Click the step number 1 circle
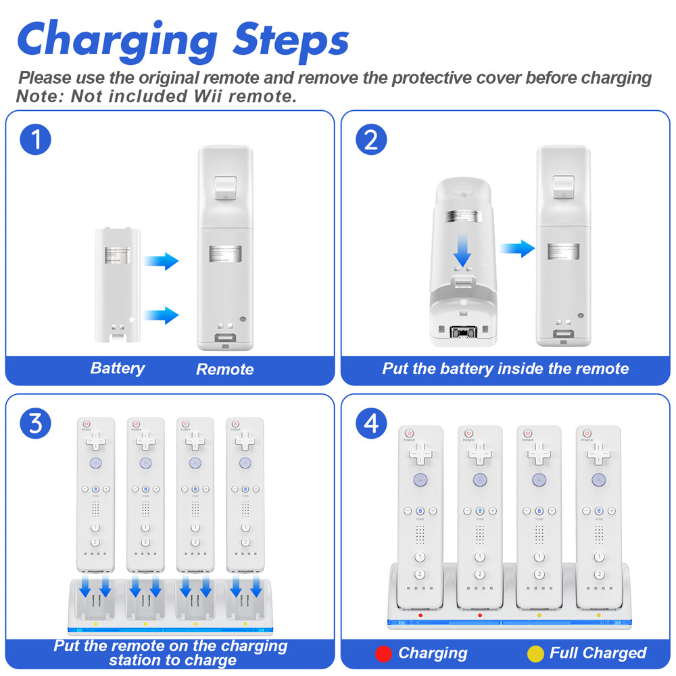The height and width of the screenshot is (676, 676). [36, 140]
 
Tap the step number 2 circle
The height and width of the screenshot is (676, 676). [371, 140]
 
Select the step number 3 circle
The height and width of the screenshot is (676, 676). [36, 424]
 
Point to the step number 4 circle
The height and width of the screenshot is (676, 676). [371, 424]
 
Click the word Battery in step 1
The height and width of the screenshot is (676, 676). [118, 368]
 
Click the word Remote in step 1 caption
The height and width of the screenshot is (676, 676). [224, 369]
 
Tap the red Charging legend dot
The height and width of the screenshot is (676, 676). [384, 654]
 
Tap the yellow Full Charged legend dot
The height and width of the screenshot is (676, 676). [535, 654]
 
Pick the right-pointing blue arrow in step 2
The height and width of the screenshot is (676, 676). [517, 249]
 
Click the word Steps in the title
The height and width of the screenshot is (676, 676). [291, 40]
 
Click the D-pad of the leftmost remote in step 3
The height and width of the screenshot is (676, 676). [95, 442]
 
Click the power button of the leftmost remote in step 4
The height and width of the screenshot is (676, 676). [410, 433]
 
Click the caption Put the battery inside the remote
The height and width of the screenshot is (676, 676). [505, 369]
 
